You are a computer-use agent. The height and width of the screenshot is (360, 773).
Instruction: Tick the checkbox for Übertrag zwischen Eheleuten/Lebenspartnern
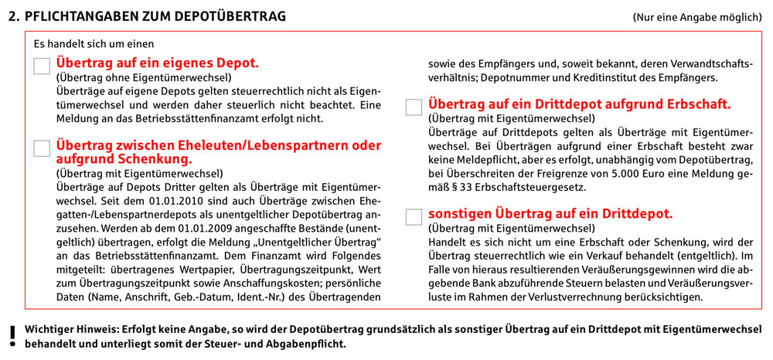coord(42,148)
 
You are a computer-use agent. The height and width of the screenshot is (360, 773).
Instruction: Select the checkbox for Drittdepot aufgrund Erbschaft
coord(414,107)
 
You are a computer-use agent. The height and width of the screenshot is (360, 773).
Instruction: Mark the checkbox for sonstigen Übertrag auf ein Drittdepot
coord(414,217)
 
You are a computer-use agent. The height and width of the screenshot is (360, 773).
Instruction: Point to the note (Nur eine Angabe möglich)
coord(694,16)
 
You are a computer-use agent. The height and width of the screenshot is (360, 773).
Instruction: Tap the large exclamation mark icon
coord(11,334)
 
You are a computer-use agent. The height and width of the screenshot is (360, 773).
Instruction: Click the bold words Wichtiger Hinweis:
coord(73,328)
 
